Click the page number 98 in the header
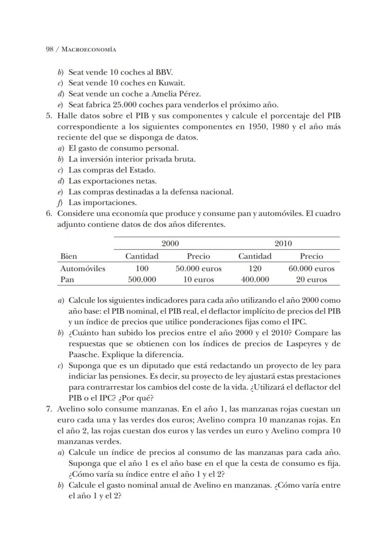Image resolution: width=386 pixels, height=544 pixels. (x=49, y=49)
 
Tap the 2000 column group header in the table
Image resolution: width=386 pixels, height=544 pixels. (x=170, y=244)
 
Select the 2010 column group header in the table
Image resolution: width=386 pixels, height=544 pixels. (x=283, y=244)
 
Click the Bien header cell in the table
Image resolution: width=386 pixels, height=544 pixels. (x=69, y=256)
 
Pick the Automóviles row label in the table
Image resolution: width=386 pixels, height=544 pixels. (x=83, y=269)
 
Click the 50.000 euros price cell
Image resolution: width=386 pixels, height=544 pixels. (x=199, y=269)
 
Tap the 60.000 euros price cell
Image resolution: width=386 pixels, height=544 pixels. (x=311, y=269)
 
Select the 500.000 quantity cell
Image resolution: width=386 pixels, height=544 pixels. (x=142, y=280)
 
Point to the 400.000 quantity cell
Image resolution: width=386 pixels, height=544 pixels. (x=255, y=280)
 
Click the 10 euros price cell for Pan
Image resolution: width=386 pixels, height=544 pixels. (x=199, y=280)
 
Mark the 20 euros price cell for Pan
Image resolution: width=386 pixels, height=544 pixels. (x=311, y=280)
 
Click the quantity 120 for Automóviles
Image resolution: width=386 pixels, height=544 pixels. (x=255, y=269)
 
